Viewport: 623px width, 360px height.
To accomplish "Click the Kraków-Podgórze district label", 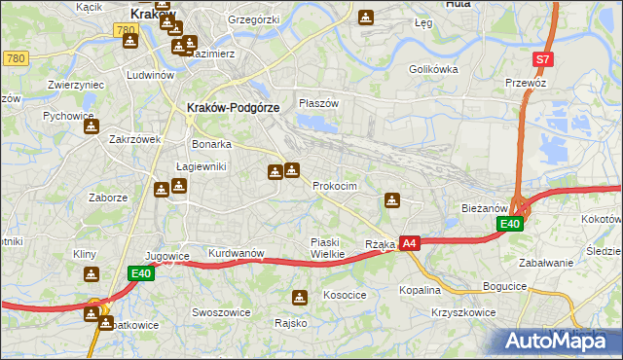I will [233, 108].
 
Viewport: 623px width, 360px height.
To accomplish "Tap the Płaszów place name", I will [318, 103].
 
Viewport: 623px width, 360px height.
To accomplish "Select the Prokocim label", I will [335, 186].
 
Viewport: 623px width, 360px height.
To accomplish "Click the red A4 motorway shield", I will [410, 243].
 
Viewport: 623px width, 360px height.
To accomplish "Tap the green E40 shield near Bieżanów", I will [510, 224].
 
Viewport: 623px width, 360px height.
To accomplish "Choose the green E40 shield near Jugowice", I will [141, 274].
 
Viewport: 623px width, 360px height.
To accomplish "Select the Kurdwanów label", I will [237, 253].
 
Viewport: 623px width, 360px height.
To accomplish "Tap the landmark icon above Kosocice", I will [301, 297].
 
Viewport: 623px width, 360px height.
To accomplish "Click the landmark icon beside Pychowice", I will [90, 126].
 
